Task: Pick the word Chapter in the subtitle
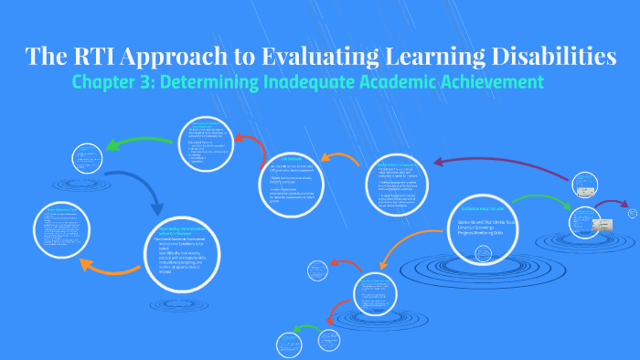pyautogui.click(x=108, y=84)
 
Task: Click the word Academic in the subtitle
pyautogui.click(x=418, y=84)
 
